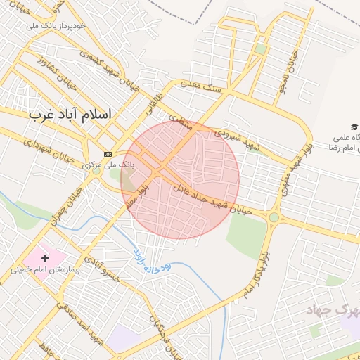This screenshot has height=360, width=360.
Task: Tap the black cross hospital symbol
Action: click(46, 259)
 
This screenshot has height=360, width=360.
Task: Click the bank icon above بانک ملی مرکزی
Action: click(108, 154)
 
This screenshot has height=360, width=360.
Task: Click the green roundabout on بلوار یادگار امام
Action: click(274, 217)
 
